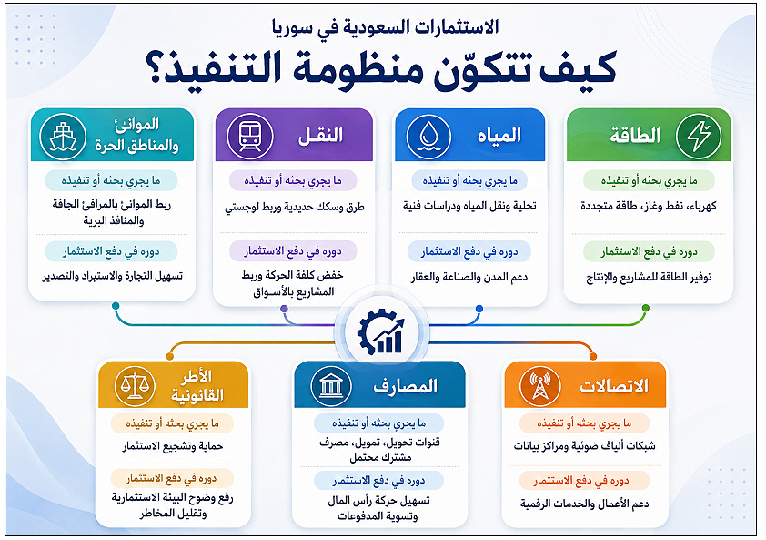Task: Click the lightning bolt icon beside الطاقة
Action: pos(699,136)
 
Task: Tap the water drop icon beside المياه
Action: pos(428,136)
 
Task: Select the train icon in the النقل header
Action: pos(249,136)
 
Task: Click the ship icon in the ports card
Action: pos(63,136)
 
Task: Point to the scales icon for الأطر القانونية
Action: pos(135,386)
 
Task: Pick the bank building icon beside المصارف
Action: pos(331,386)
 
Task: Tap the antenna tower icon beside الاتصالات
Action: pos(540,386)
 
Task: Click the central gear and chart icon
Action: pos(381,332)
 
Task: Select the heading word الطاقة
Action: pos(635,136)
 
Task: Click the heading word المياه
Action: pos(499,136)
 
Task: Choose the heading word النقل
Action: pos(320,136)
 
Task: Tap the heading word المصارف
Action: pos(406,386)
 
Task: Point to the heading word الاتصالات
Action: pos(614,386)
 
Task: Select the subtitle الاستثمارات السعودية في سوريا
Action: pos(386,27)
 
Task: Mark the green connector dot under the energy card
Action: pos(646,308)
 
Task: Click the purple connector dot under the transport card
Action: pos(285,309)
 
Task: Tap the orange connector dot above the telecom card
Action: pos(593,357)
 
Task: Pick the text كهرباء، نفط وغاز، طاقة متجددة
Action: pos(649,206)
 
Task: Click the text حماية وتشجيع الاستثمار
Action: pos(173,446)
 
